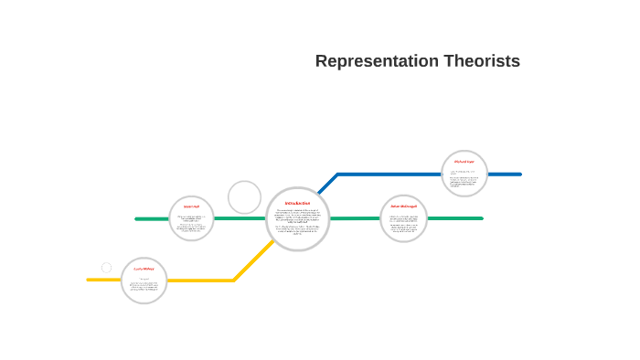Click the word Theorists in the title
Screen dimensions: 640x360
[482, 61]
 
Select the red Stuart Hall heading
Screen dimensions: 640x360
[191, 206]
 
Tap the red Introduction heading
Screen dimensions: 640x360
[297, 203]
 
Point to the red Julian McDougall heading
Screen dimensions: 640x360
[403, 206]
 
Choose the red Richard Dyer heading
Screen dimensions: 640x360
[464, 162]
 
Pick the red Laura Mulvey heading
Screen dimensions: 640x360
[144, 270]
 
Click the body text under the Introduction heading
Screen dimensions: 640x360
[297, 221]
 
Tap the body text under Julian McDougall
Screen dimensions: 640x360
[403, 223]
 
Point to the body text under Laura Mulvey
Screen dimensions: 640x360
[144, 286]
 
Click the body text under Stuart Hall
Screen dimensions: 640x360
[191, 223]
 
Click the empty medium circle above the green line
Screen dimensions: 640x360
[244, 197]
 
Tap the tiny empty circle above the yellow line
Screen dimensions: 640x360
[106, 268]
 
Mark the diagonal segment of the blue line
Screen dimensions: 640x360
[327, 184]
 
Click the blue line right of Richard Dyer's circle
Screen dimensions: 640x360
[505, 174]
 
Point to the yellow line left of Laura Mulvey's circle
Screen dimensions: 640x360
[103, 280]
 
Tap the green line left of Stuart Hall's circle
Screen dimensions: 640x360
[152, 219]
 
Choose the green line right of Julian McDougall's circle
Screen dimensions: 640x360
[454, 218]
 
